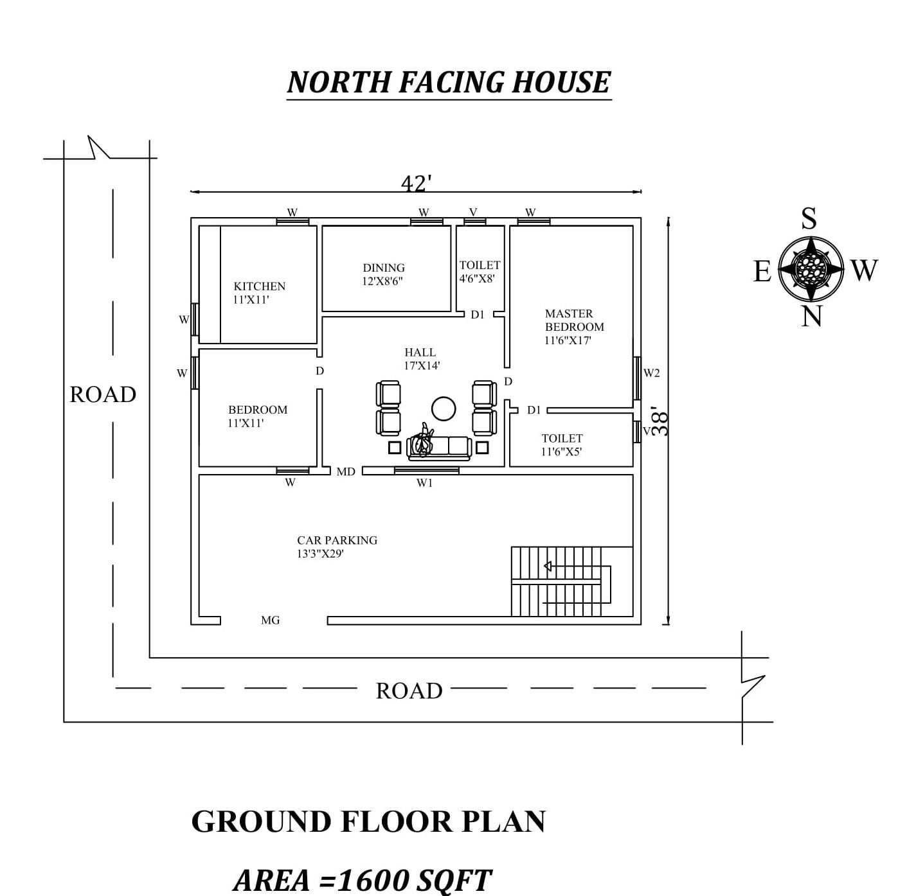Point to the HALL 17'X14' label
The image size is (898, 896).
click(x=421, y=359)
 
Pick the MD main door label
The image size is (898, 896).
click(x=346, y=471)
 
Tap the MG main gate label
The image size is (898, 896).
click(x=270, y=620)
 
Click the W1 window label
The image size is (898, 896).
click(x=424, y=484)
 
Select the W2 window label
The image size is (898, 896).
click(x=651, y=373)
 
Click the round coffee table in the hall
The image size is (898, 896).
click(x=443, y=409)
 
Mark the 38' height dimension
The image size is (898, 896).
click(x=660, y=423)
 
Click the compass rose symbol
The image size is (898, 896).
click(x=811, y=268)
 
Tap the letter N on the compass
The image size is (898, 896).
click(x=811, y=316)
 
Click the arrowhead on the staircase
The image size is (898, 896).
click(x=548, y=567)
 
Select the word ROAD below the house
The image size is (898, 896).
click(x=409, y=690)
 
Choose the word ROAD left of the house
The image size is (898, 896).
click(x=102, y=394)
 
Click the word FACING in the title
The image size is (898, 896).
click(x=451, y=82)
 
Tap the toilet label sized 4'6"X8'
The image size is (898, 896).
click(x=480, y=272)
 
